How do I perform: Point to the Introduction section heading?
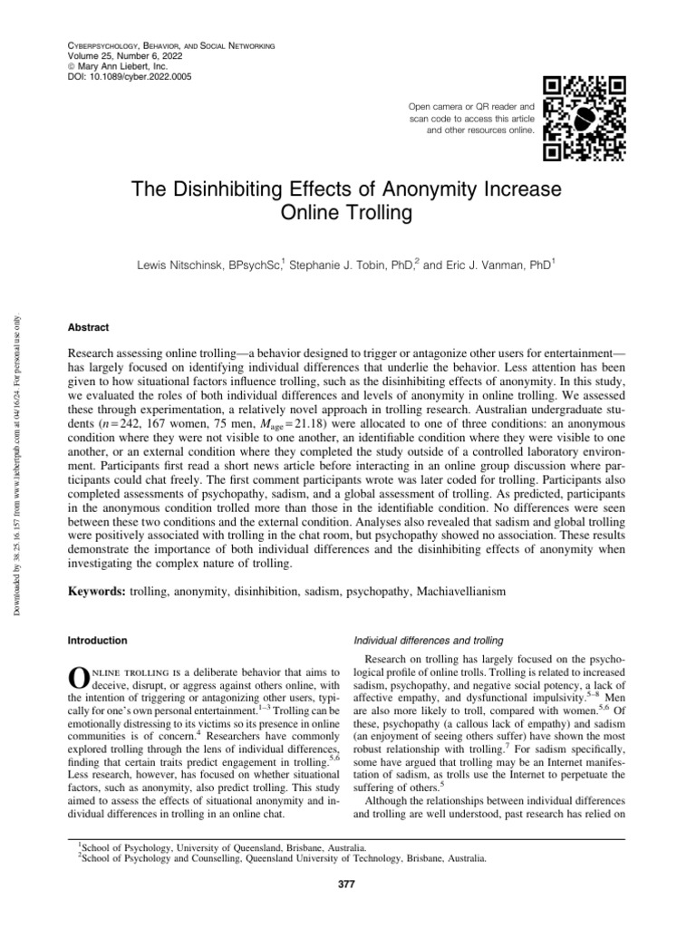(98, 641)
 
